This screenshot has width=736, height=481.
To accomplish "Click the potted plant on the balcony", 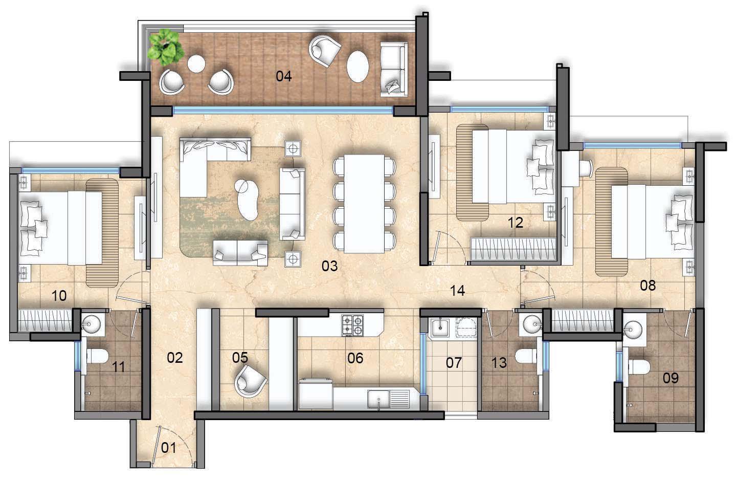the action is click(165, 47).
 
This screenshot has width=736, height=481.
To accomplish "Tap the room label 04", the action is click(283, 76).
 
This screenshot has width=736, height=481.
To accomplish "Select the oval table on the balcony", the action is click(358, 67).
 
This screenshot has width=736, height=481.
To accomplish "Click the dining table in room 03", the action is click(364, 204).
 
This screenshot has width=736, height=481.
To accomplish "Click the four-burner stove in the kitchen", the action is click(353, 325).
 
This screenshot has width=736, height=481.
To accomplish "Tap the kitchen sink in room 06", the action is click(389, 399).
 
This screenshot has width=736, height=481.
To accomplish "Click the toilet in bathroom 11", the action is click(97, 356).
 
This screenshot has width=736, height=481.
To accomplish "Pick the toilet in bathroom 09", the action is click(639, 367).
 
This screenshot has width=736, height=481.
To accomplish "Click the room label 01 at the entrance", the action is click(169, 448).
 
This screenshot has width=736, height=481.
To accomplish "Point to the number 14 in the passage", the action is click(457, 290).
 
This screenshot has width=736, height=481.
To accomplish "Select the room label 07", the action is click(454, 363).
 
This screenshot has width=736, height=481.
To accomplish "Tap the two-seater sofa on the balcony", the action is click(394, 69).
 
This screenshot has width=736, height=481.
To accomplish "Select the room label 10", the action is click(59, 296).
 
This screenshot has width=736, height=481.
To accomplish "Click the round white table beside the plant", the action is click(196, 63).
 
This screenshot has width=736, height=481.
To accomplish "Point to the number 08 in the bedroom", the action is click(648, 286).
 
